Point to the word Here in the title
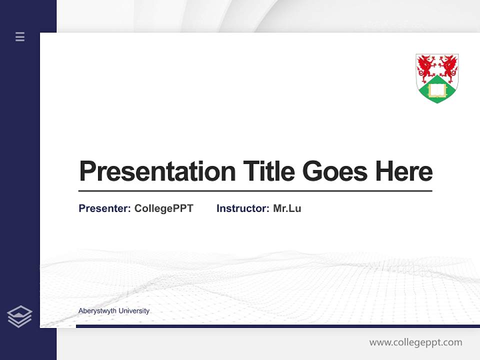click(x=403, y=171)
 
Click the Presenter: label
click(x=105, y=208)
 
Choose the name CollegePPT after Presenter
click(x=163, y=208)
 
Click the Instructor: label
click(x=243, y=208)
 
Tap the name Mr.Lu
click(x=287, y=208)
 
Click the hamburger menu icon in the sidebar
click(x=20, y=36)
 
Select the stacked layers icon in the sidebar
click(x=19, y=316)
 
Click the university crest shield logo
click(x=437, y=78)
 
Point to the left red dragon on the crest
click(x=426, y=66)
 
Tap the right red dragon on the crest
click(x=448, y=66)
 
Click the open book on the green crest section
click(x=437, y=90)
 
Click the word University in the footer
click(x=134, y=311)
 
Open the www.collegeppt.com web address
click(x=415, y=342)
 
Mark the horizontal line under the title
click(x=255, y=191)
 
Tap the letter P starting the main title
click(x=87, y=171)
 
